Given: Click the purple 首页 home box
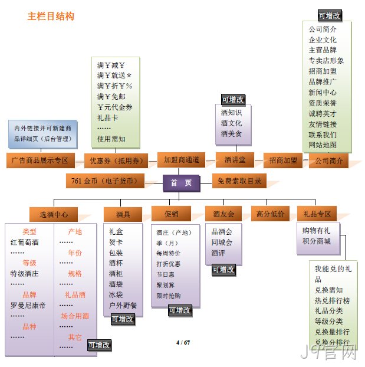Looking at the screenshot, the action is coord(182,183).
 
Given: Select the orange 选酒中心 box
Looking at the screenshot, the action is coord(54,214).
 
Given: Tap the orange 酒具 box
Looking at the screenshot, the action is coord(123,214).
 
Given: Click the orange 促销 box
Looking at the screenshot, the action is coord(171,214).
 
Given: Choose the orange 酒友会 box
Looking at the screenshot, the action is coord(223,214).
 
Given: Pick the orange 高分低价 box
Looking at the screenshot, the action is coord(270,214).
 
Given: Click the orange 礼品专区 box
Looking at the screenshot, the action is coord(317,214).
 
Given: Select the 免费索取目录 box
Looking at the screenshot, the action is coord(239,181).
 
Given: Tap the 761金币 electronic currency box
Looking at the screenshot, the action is coord(105,181).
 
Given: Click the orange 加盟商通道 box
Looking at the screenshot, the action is coord(182,160).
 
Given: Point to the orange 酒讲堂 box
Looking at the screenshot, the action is coord(235,160).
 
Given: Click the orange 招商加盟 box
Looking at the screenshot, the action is coord(283,160).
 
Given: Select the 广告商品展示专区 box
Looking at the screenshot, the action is coord(41,160).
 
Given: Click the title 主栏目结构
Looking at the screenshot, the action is coord(51,16).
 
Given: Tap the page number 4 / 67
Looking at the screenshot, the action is coord(183,342).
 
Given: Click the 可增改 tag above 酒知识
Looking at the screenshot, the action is coord(233,100).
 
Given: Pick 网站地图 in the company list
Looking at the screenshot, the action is coord(323,145).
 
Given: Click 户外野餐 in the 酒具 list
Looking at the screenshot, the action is coord(123,305).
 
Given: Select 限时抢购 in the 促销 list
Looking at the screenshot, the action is coord(169,296).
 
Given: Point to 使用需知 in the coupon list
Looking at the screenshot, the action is coord(111,139).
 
